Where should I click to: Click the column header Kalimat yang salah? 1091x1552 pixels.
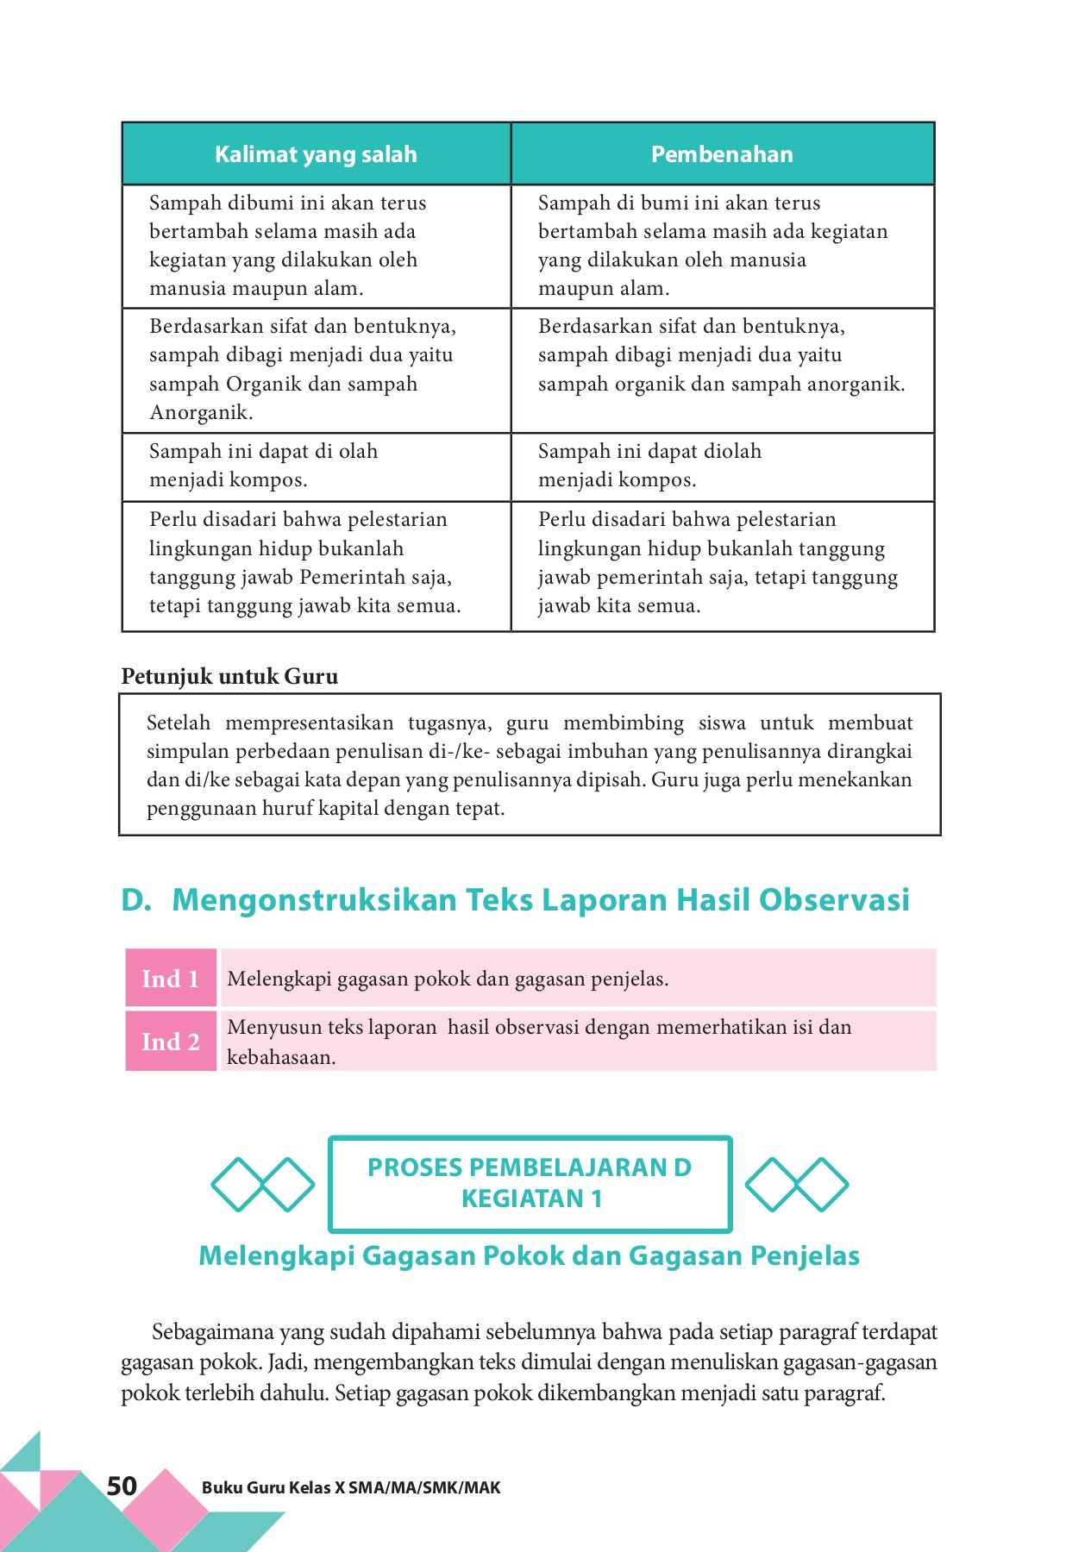(316, 154)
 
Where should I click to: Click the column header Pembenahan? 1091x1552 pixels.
(722, 154)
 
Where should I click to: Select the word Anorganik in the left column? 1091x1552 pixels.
(200, 413)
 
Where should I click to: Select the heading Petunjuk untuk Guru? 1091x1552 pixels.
(229, 677)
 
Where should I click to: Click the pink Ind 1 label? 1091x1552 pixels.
(170, 979)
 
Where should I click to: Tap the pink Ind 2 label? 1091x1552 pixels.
(170, 1042)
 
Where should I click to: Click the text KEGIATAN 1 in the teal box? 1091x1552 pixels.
(531, 1198)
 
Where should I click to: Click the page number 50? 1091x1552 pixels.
(122, 1486)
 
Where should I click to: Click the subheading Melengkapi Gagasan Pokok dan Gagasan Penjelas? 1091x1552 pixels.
(529, 1256)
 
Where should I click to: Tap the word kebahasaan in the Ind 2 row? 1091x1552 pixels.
(280, 1058)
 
